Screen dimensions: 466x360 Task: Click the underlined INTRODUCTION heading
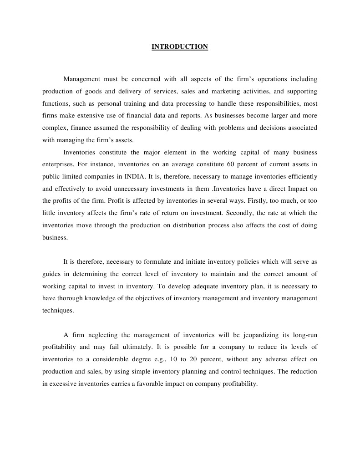click(180, 47)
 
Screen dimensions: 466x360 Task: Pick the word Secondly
click(242, 213)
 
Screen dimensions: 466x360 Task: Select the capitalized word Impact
click(296, 188)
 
